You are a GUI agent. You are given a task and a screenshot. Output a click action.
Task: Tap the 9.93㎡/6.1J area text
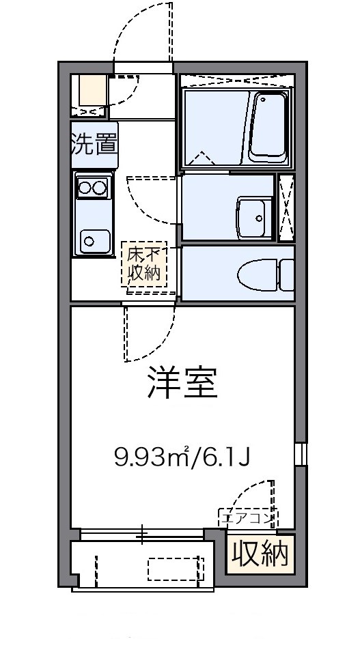click(183, 456)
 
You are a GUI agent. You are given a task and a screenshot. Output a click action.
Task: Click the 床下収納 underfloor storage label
click(143, 264)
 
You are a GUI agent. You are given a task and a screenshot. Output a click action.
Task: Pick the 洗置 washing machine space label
click(94, 145)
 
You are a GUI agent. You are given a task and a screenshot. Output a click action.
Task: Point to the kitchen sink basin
click(93, 239)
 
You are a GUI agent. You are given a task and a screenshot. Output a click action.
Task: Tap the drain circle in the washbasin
click(260, 218)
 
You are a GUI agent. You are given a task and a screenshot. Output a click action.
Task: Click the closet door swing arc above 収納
click(256, 495)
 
